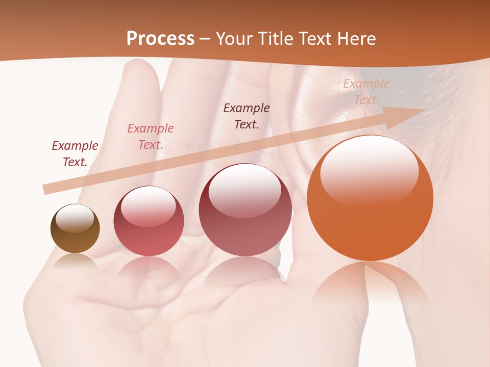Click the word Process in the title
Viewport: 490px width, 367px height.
160,39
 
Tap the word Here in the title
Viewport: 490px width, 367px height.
356,39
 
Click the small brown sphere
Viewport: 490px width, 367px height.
75,229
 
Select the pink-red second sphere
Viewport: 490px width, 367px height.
149,221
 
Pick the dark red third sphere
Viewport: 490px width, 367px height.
245,209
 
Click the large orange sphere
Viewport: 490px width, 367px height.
370,198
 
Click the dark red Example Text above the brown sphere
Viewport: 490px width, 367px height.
75,154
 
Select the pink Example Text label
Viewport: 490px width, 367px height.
151,137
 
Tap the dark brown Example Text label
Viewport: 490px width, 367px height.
247,116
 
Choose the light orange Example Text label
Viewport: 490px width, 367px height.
366,92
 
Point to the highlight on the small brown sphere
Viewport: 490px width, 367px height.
75,218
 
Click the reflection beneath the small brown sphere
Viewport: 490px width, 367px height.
75,261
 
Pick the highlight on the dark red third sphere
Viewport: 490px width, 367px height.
245,190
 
